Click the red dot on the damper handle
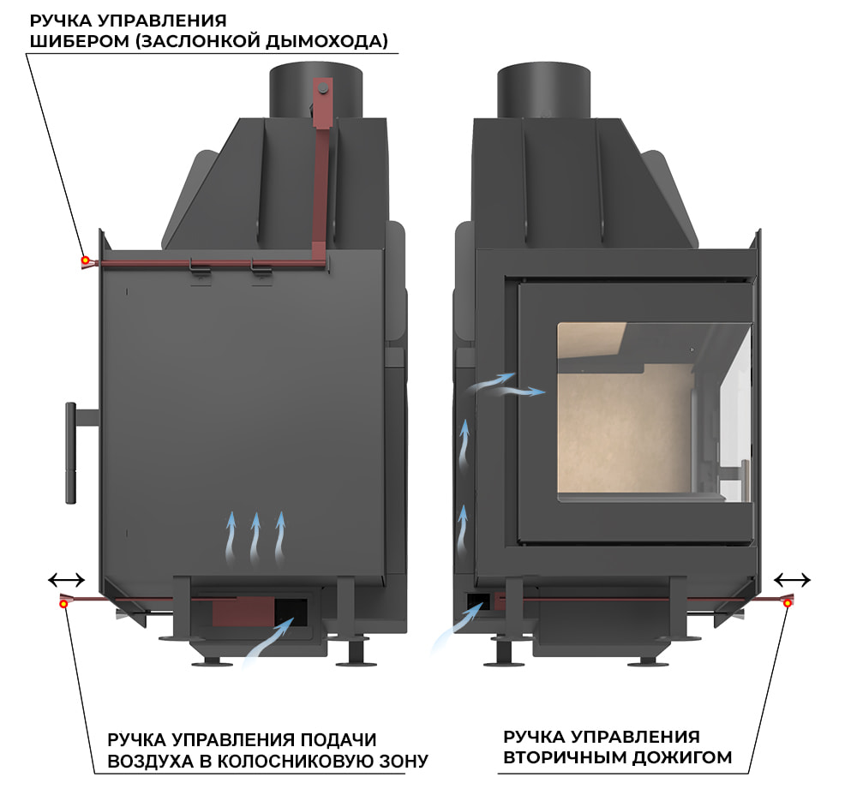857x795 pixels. (x=85, y=260)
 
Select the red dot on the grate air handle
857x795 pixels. (x=64, y=604)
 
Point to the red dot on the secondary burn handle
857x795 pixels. (x=787, y=604)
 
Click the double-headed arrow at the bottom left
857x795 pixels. (x=66, y=579)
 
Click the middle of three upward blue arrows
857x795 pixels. (x=255, y=537)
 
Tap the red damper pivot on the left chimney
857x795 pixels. (x=322, y=87)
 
